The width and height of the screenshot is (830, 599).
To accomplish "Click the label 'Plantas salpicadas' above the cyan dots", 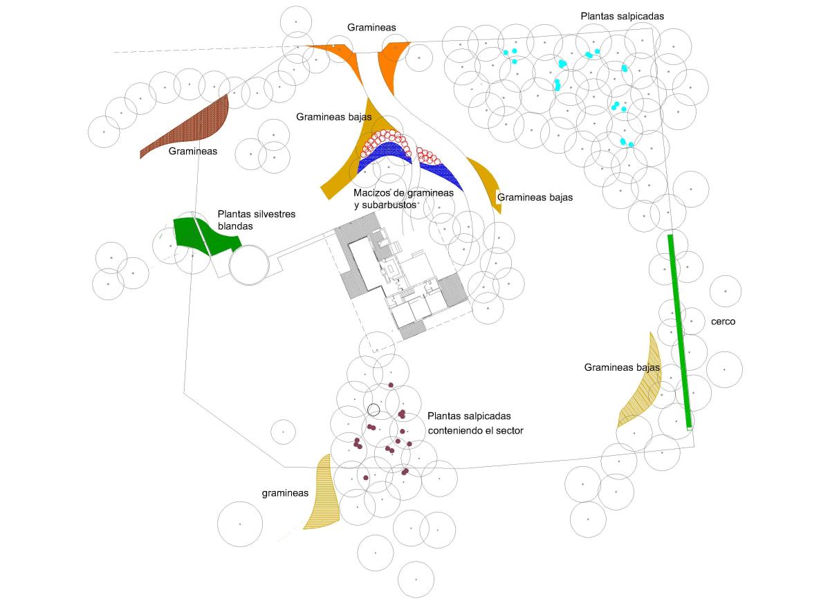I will pos(622,15).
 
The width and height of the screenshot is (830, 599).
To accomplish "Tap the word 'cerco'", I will pos(723,322).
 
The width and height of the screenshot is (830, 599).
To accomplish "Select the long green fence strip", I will pos(679,332).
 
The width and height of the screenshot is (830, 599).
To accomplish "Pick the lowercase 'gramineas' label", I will pos(285,493).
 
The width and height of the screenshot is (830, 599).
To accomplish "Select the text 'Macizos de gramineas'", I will pos(403,193).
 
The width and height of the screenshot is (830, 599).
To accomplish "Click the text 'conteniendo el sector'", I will pos(475,430).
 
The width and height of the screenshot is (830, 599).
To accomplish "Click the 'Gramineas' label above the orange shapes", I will pos(371,27).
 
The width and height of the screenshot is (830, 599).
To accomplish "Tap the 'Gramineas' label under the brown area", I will pos(193,151).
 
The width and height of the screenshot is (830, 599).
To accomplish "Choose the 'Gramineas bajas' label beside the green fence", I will pos(622,368).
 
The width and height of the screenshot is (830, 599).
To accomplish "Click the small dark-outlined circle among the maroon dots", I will pos(373,409).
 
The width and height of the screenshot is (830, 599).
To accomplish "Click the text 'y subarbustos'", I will pos(385,205).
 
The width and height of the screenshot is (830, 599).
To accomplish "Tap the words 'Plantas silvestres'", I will pos(257,214).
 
